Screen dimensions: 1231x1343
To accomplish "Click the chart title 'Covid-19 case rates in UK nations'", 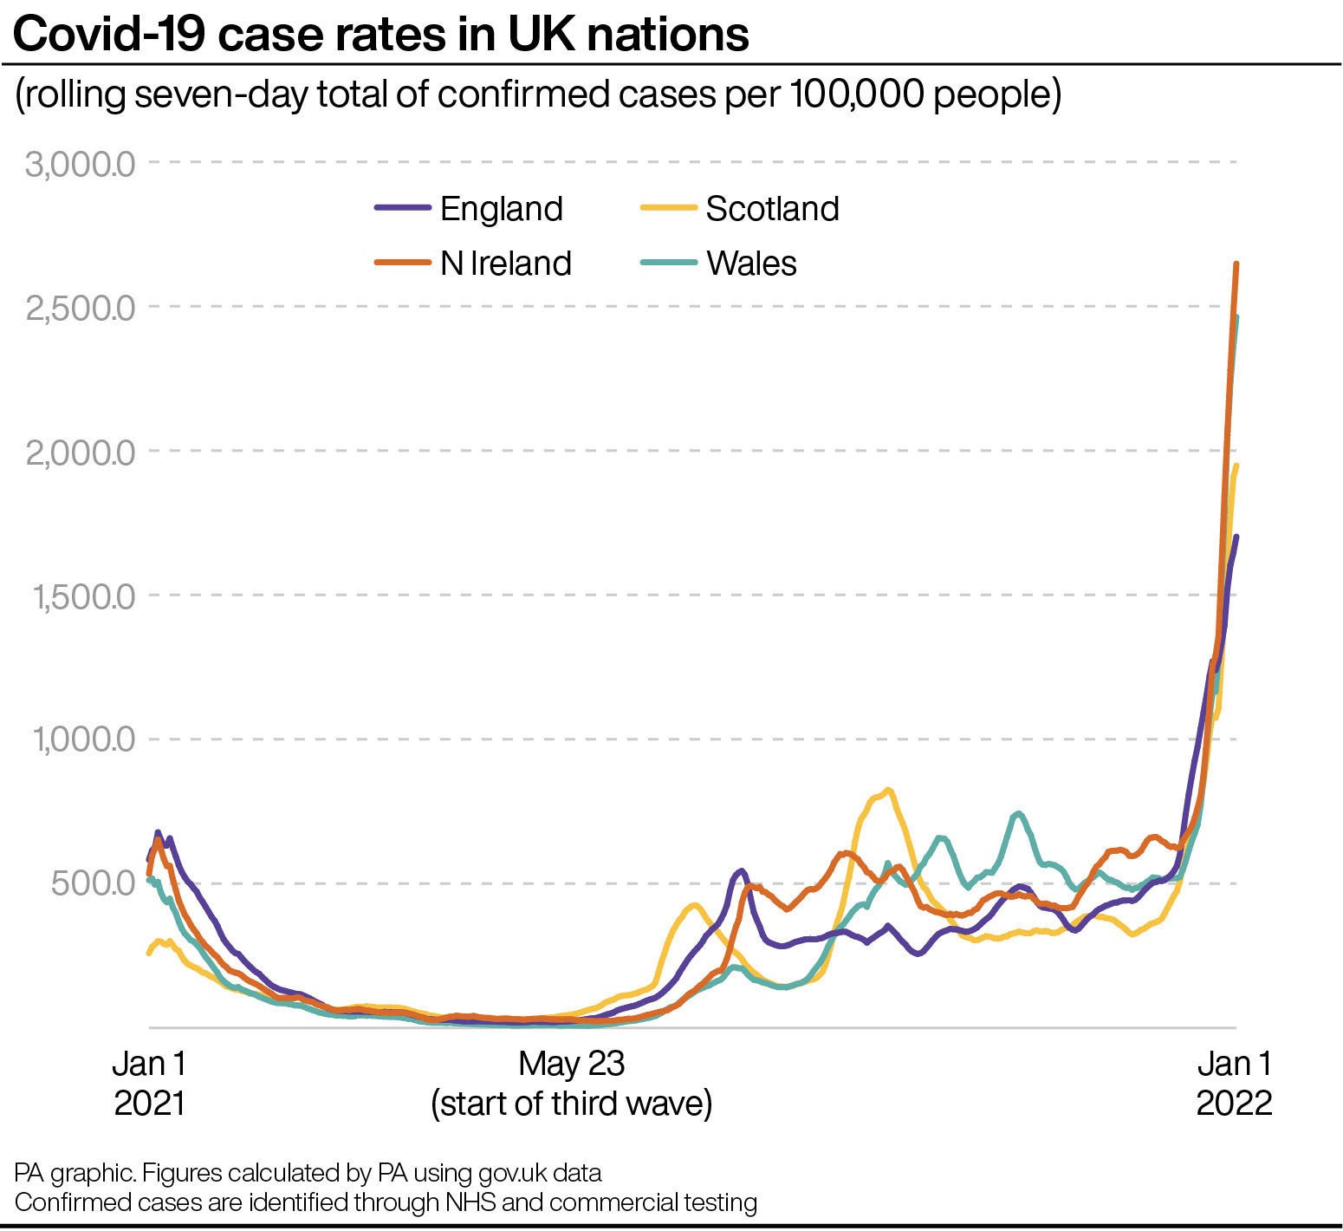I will coord(381,35).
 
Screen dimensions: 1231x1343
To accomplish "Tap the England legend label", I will coord(501,209).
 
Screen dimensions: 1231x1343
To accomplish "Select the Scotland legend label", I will coord(772,209).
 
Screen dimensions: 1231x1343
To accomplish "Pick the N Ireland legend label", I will coord(505,264).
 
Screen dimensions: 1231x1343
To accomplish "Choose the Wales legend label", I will coord(751,264).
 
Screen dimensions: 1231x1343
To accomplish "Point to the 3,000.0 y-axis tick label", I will coord(81,163).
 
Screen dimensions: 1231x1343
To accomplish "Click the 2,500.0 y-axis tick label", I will coord(81,308).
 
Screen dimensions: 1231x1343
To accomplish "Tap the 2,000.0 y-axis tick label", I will coord(81,453).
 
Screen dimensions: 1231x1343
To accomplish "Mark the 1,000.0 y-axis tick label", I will coord(84,740).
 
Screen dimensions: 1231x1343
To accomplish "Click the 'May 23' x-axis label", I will coord(571,1064).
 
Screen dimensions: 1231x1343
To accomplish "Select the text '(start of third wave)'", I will coord(571,1104).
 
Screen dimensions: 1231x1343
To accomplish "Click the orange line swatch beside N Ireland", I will coord(403,263).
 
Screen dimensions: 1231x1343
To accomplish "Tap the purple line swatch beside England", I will coord(403,208).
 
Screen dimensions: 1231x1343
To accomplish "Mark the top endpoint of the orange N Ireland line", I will coord(1236,264).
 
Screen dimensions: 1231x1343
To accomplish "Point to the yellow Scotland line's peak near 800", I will coord(888,790).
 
